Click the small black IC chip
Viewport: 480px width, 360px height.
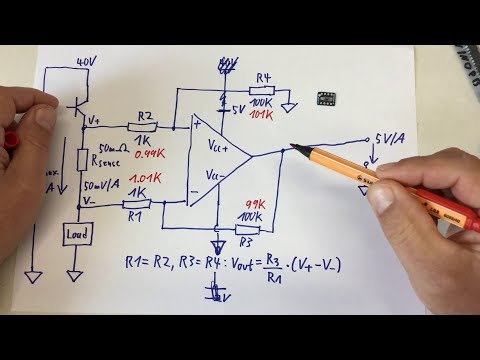tap(324, 98)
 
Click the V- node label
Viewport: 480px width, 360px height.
tap(92, 199)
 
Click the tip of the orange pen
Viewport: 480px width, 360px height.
tap(292, 149)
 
